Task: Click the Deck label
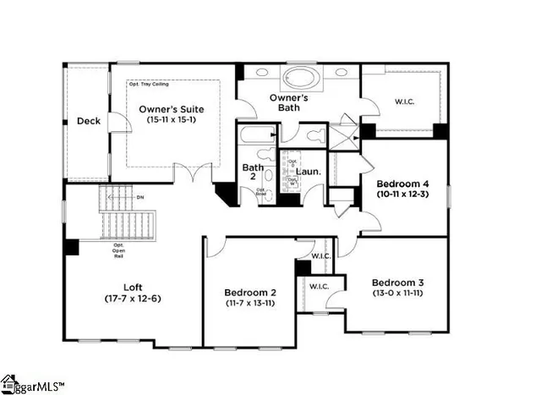(89, 121)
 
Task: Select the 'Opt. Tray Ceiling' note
(150, 85)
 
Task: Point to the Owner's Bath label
(288, 103)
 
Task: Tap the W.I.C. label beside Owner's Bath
(405, 103)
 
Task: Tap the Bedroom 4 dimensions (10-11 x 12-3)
(403, 195)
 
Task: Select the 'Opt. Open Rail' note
(118, 250)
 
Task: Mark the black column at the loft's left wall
(71, 246)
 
